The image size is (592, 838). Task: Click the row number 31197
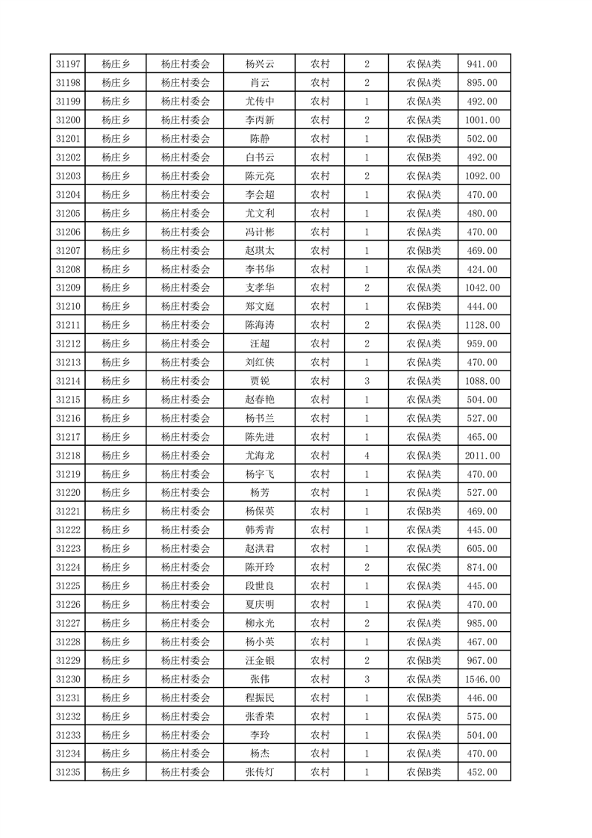pos(68,64)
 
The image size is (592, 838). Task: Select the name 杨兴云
pos(260,64)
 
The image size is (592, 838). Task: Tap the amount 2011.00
pos(482,456)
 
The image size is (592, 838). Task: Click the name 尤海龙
pos(260,456)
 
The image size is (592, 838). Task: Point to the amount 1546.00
pos(482,679)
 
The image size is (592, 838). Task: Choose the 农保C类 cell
pos(423,567)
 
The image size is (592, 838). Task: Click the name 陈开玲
pos(260,567)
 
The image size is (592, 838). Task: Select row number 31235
pos(68,772)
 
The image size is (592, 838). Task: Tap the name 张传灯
pos(260,772)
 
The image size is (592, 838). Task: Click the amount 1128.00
pos(482,325)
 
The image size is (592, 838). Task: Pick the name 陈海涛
pos(260,325)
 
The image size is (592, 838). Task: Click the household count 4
pos(367,456)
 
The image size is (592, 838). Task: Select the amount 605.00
pos(482,549)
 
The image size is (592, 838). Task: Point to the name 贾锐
pos(260,381)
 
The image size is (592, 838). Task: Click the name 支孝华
pos(260,288)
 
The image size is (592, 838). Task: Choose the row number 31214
pos(68,381)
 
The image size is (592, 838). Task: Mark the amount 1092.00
pos(482,176)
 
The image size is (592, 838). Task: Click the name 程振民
pos(260,698)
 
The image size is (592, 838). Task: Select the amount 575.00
pos(482,716)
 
